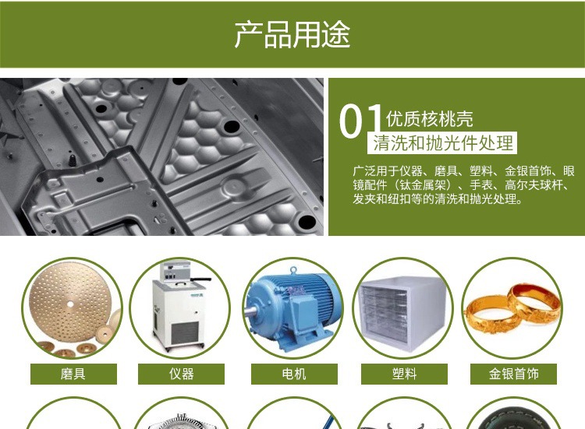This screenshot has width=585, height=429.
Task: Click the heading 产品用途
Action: (x=292, y=34)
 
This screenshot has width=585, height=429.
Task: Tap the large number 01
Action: (x=360, y=121)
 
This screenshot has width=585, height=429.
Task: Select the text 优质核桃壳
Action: (x=430, y=119)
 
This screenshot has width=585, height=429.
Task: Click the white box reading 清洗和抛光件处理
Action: (x=442, y=142)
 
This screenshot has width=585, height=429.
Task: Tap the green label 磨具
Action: (x=73, y=374)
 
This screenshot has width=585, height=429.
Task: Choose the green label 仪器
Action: (x=181, y=374)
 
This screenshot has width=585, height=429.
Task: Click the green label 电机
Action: (x=294, y=374)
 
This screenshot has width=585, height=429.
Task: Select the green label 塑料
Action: (x=404, y=374)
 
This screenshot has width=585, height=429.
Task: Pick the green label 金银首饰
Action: (x=513, y=374)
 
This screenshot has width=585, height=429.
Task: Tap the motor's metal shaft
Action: (x=250, y=311)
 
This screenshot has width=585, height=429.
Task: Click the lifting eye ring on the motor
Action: (x=293, y=269)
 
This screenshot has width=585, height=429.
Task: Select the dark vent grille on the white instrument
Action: (x=184, y=333)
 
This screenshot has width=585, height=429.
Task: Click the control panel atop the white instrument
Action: (x=175, y=271)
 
